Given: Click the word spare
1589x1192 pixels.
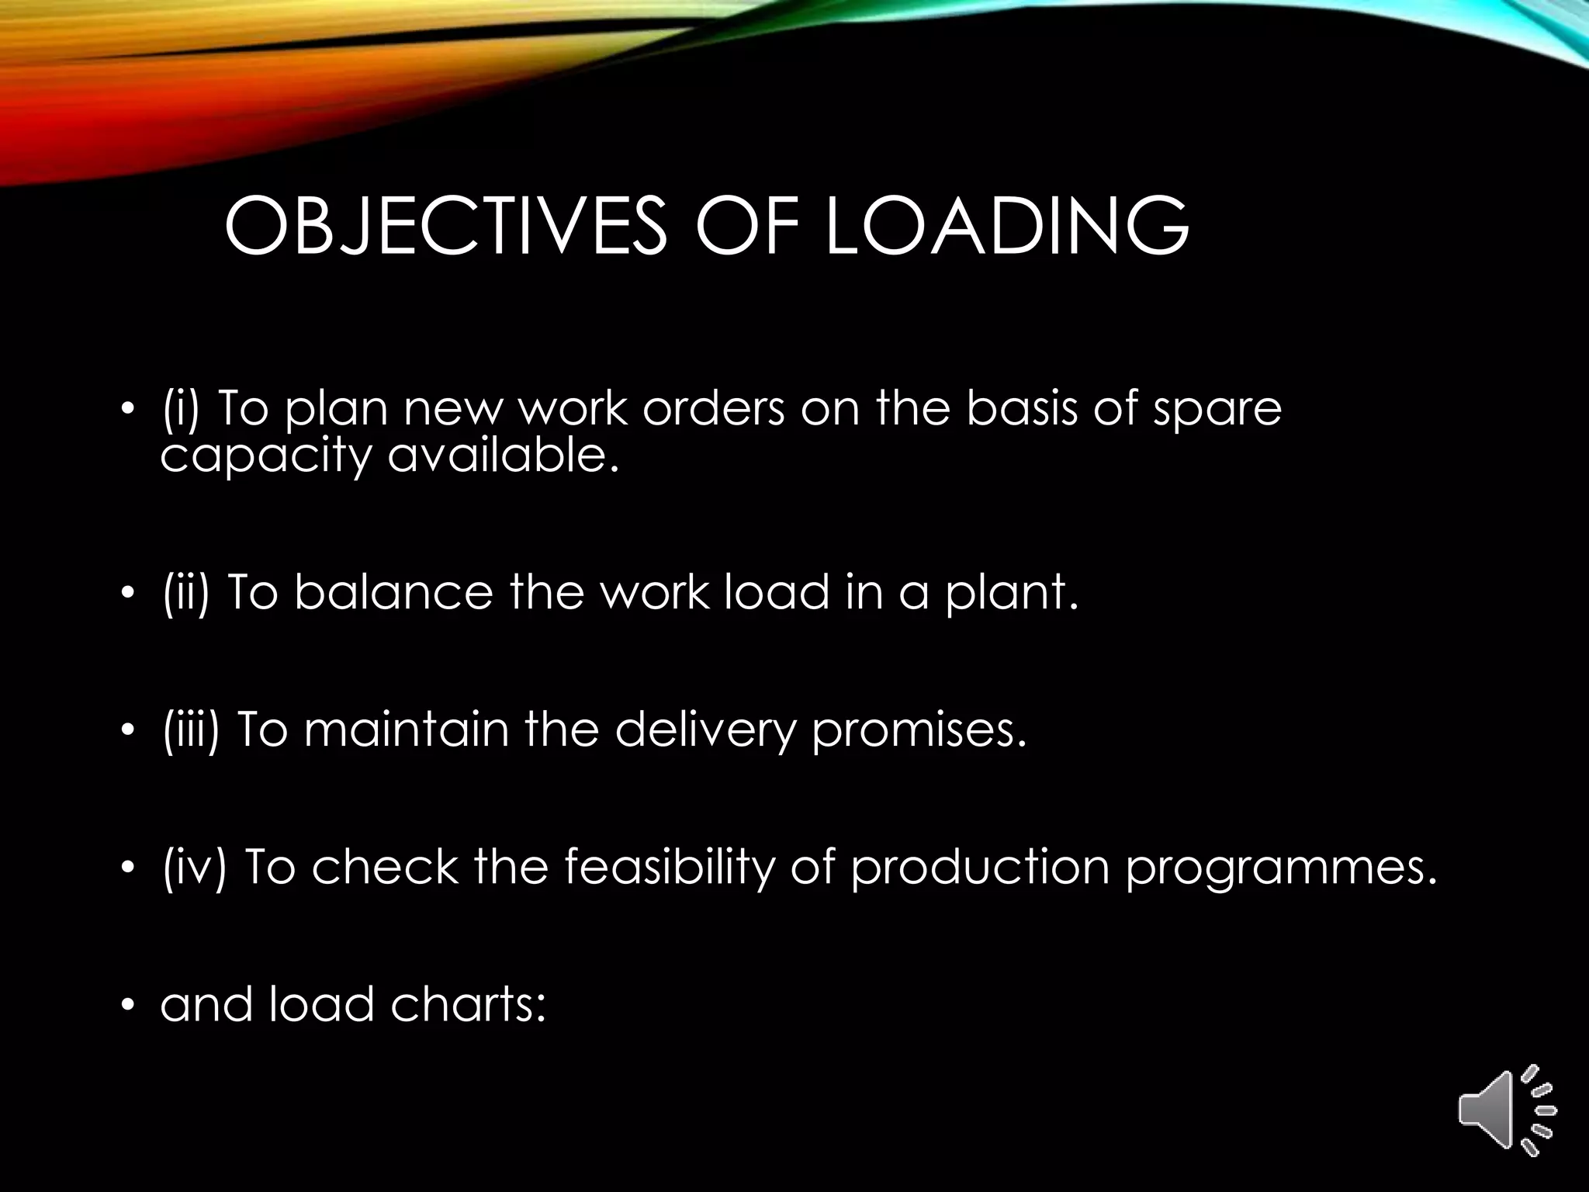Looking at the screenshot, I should pyautogui.click(x=1217, y=410).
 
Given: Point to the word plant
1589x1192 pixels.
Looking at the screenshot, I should pyautogui.click(x=1012, y=594).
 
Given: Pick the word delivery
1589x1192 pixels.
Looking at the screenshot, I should pyautogui.click(x=706, y=731).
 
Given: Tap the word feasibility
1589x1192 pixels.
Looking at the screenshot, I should pyautogui.click(x=669, y=867).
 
